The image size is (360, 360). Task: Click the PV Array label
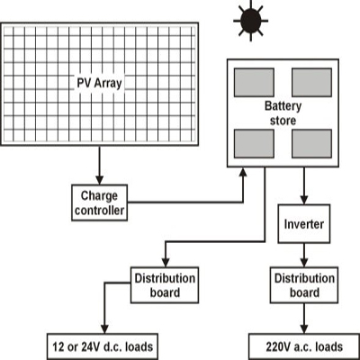(99, 83)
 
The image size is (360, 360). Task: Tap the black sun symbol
(251, 21)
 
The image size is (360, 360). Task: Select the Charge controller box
(99, 202)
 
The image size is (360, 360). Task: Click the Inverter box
(304, 224)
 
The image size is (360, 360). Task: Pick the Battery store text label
(283, 113)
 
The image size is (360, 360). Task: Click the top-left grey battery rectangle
(254, 83)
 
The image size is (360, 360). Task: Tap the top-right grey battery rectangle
(311, 83)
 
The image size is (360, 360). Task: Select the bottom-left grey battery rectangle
(254, 144)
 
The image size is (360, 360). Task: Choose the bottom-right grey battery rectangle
(311, 144)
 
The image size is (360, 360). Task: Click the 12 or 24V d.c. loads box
(103, 346)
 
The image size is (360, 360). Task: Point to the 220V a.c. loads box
(304, 346)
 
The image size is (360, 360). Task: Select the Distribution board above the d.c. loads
(165, 285)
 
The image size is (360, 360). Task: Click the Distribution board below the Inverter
(304, 285)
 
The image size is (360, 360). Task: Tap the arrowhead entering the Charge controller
(99, 180)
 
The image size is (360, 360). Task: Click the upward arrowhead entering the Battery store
(243, 172)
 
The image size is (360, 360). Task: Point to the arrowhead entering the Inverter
(304, 200)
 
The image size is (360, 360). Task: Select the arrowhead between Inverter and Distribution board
(304, 263)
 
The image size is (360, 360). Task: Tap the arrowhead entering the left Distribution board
(166, 263)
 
